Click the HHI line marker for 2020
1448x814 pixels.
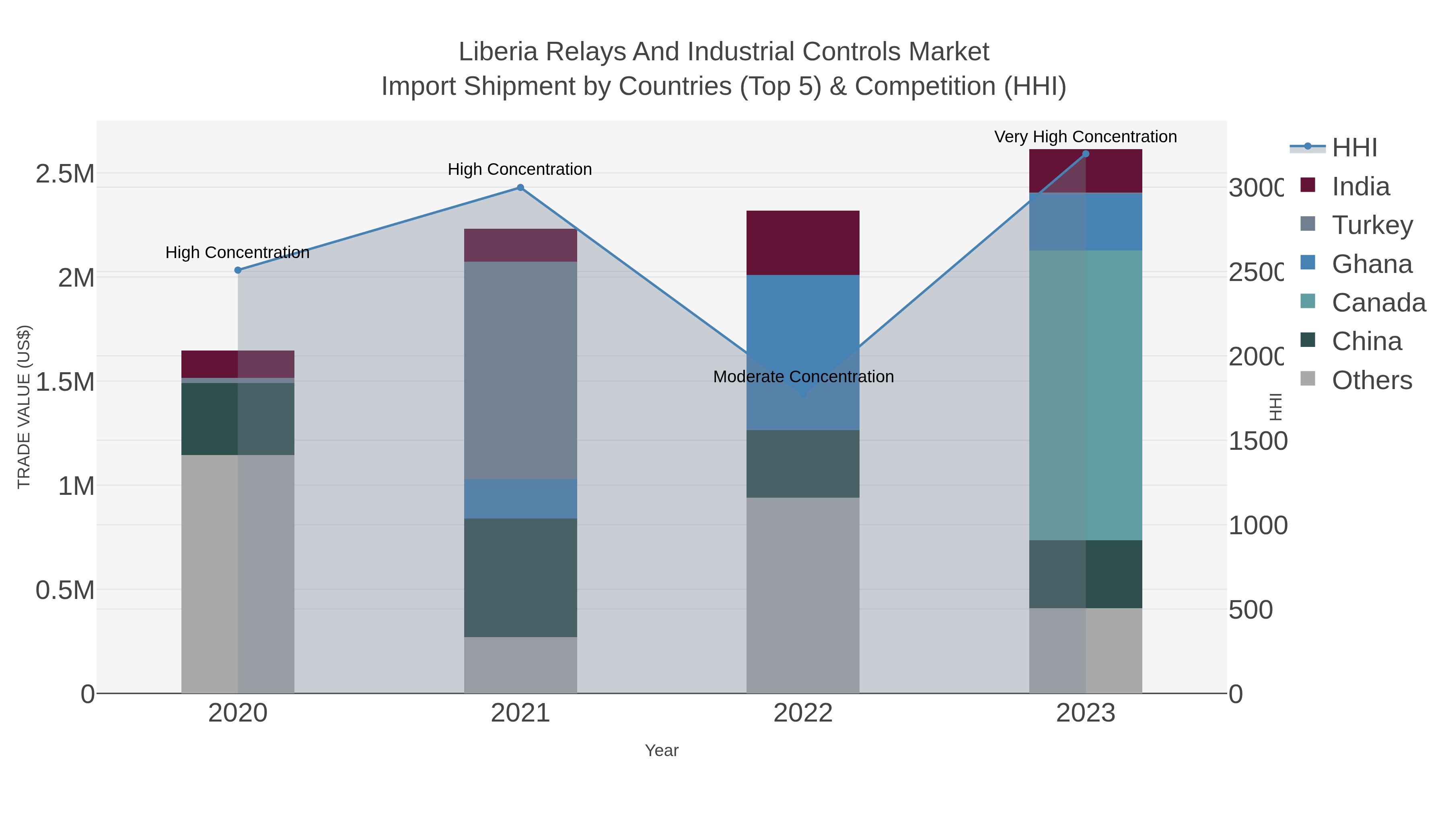pyautogui.click(x=238, y=270)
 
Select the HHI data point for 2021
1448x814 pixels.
pyautogui.click(x=520, y=188)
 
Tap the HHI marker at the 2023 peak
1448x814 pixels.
pyautogui.click(x=1086, y=154)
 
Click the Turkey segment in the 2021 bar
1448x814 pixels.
pyautogui.click(x=520, y=371)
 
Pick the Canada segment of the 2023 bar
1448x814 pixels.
pyautogui.click(x=1086, y=396)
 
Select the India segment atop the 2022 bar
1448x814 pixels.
pyautogui.click(x=803, y=243)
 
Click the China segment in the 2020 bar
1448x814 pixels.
pyautogui.click(x=238, y=419)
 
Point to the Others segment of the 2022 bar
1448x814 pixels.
pyautogui.click(x=803, y=595)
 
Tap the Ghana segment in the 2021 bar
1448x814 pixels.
pyautogui.click(x=520, y=499)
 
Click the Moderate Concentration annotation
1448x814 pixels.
pyautogui.click(x=803, y=377)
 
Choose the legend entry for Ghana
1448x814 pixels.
pyautogui.click(x=1372, y=264)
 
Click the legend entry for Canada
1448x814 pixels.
pyautogui.click(x=1378, y=303)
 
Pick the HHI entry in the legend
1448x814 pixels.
pyautogui.click(x=1354, y=148)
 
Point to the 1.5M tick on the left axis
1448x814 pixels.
pyautogui.click(x=65, y=382)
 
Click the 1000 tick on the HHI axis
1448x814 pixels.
pyautogui.click(x=1257, y=526)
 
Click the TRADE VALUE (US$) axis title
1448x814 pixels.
pyautogui.click(x=24, y=407)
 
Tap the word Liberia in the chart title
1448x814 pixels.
pyautogui.click(x=499, y=52)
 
